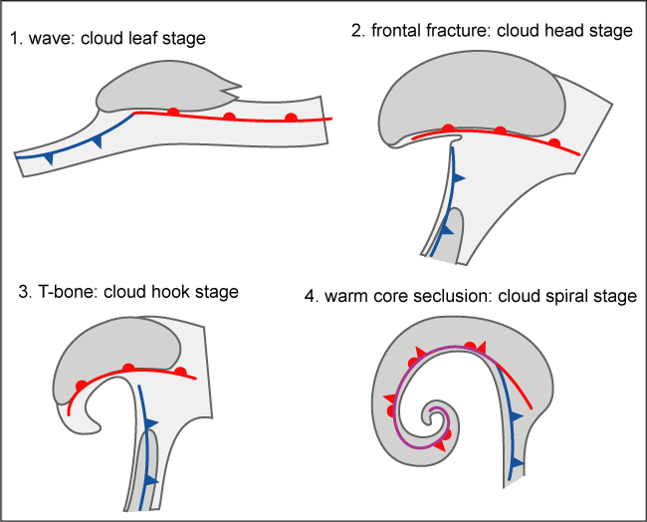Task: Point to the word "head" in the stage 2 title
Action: coord(550,31)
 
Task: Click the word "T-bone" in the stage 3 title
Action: coord(62,292)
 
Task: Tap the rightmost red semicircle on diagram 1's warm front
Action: coord(291,117)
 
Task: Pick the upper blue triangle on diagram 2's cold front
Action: coord(459,177)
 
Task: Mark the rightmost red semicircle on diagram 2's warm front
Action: coord(554,143)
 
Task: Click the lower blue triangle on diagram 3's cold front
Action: coord(150,480)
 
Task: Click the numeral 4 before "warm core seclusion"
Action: coord(311,297)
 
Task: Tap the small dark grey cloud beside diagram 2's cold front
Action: coord(455,235)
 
